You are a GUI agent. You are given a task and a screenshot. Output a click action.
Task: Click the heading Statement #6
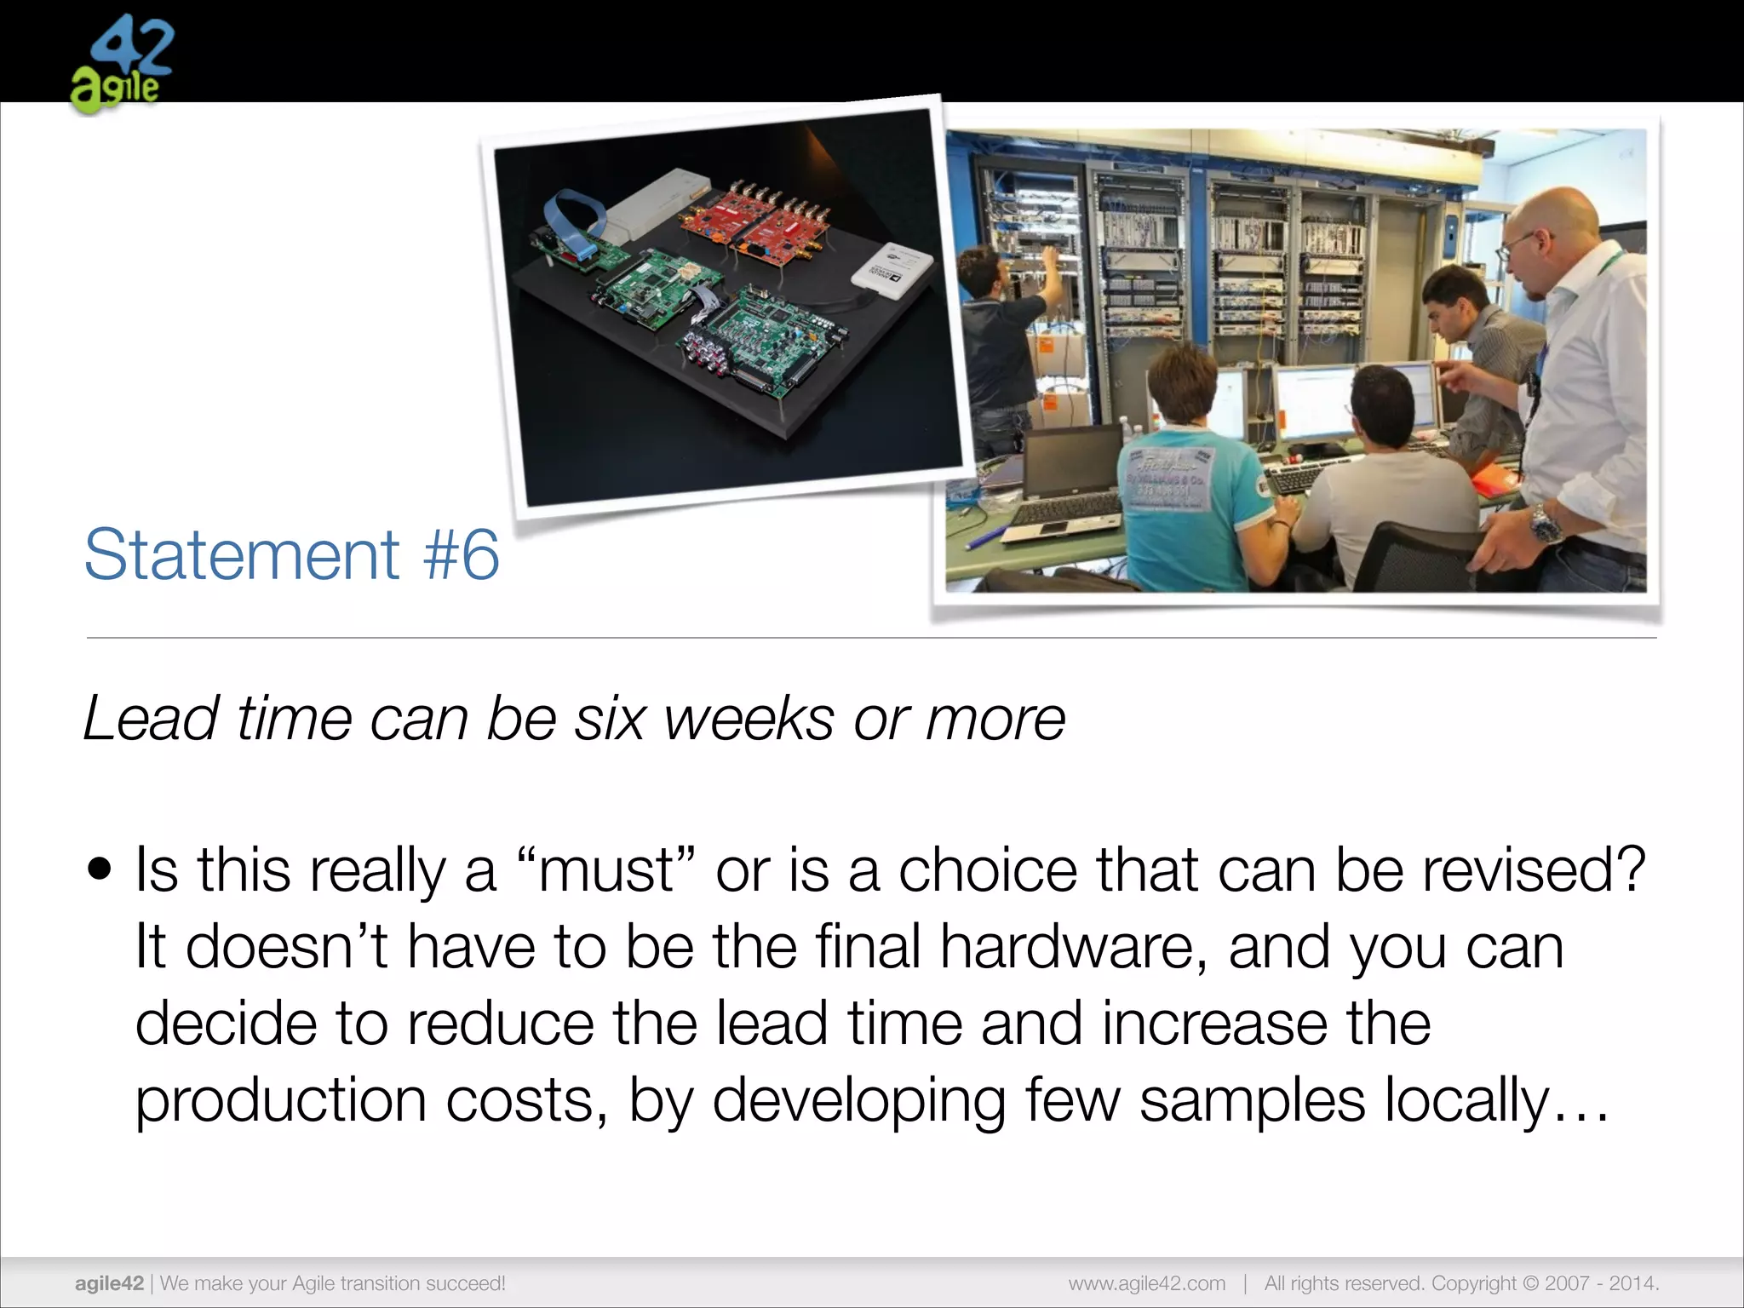[291, 554]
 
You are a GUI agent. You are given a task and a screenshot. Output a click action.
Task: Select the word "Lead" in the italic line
[152, 719]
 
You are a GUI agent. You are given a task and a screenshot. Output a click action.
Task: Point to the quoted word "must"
[606, 870]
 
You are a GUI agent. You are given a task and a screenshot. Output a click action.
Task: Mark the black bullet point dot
[100, 870]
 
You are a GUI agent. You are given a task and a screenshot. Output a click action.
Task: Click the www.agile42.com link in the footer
[1146, 1283]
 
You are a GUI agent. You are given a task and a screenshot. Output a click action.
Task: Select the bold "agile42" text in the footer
[109, 1283]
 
